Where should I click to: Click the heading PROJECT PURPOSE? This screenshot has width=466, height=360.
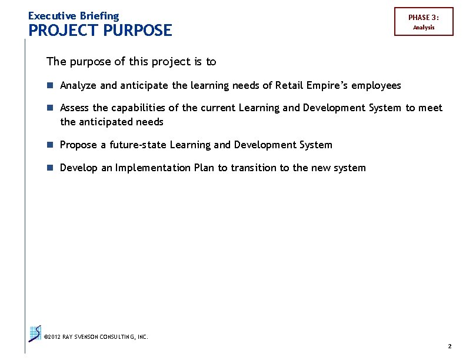[100, 30]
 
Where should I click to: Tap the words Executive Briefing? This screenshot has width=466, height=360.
[74, 16]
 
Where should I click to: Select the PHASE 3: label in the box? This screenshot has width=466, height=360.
[424, 18]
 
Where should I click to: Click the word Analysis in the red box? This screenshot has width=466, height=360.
[424, 28]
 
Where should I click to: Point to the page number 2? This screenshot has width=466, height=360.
[450, 346]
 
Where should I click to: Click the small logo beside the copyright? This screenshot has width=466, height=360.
[35, 334]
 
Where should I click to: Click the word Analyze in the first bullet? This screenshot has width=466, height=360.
[78, 86]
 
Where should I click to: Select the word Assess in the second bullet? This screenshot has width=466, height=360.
[75, 108]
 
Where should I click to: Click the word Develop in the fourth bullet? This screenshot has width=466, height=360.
[79, 168]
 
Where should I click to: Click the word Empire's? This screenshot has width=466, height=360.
[327, 86]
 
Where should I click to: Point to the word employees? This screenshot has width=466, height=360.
[376, 86]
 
